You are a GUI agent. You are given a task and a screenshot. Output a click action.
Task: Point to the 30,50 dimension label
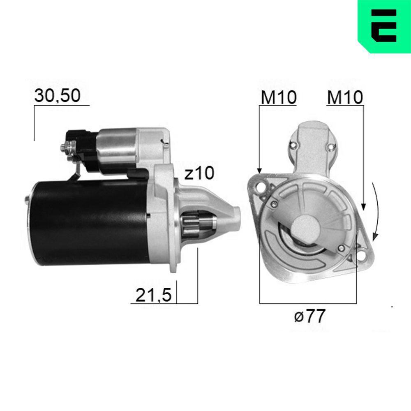[57, 96]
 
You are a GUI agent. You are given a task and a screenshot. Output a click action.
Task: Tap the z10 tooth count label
[199, 174]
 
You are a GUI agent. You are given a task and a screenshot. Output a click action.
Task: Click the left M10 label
[278, 97]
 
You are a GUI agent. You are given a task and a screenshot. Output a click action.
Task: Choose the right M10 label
[345, 97]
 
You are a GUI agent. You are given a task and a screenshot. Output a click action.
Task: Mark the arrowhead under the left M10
[259, 169]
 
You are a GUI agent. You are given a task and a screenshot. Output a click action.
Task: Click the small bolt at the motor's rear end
[27, 199]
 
